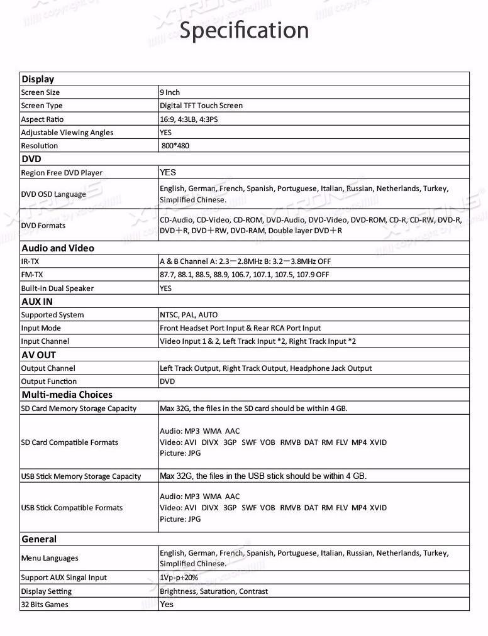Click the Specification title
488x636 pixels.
click(244, 30)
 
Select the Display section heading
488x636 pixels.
click(38, 79)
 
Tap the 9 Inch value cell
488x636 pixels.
click(170, 92)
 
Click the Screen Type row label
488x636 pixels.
click(42, 106)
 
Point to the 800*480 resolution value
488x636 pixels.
click(175, 146)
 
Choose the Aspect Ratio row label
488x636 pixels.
click(42, 119)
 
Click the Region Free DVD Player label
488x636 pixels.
click(62, 173)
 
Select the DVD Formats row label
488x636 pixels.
click(43, 226)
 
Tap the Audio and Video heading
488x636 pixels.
click(57, 248)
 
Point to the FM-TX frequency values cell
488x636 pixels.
click(244, 275)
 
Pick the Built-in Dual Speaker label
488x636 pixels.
click(57, 288)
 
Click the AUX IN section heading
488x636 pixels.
click(37, 302)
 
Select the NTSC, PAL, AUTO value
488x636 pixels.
click(189, 315)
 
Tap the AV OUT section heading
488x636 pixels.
click(38, 355)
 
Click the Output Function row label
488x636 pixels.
click(49, 381)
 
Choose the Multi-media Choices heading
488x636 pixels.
click(67, 395)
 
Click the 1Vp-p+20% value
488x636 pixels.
click(179, 578)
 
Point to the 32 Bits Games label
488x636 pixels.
click(45, 605)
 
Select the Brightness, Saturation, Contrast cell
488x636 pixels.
click(214, 591)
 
